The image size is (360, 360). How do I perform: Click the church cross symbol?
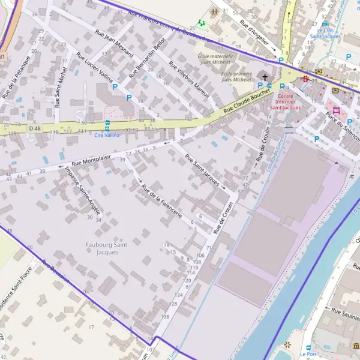(x=265, y=76)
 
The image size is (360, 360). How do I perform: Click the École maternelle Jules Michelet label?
(x=215, y=59)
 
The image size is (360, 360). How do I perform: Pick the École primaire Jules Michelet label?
(x=228, y=76)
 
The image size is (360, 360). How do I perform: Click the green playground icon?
(x=202, y=23)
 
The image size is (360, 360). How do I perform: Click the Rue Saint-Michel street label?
(x=61, y=87)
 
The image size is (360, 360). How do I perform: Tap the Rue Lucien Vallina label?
(x=94, y=67)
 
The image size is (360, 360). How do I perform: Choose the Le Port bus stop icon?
(x=308, y=347)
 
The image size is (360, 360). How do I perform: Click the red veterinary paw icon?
(x=306, y=79)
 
